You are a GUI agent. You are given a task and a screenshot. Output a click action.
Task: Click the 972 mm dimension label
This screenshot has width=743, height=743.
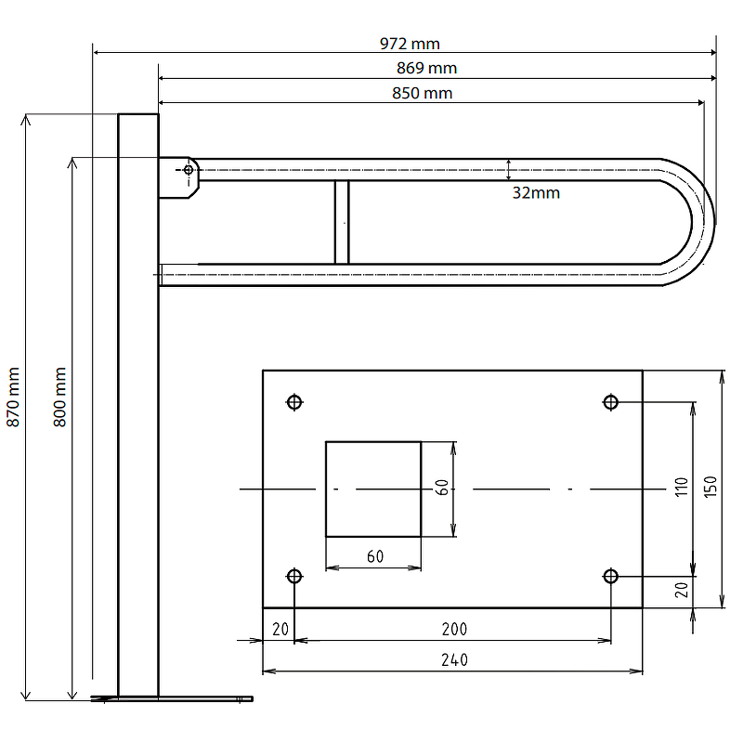click(x=410, y=44)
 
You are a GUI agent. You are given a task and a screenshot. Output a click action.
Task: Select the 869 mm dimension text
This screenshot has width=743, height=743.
click(x=426, y=68)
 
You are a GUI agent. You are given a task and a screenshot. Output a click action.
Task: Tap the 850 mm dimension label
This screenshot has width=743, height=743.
click(x=423, y=93)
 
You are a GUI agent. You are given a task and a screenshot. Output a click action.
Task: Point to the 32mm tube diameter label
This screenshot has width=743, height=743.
click(x=536, y=193)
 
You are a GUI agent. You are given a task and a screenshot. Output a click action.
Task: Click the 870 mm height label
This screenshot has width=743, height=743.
click(x=13, y=398)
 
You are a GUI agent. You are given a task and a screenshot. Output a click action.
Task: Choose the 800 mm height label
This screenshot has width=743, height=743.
click(x=59, y=398)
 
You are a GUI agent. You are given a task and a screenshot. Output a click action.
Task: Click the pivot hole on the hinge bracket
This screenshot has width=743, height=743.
click(x=189, y=170)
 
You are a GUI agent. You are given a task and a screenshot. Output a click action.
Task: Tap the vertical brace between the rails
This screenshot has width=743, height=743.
click(x=342, y=222)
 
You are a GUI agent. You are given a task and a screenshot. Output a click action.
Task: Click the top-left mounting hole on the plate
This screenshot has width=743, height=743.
click(x=294, y=402)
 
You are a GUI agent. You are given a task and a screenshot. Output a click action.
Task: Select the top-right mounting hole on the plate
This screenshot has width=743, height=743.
click(x=610, y=402)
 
